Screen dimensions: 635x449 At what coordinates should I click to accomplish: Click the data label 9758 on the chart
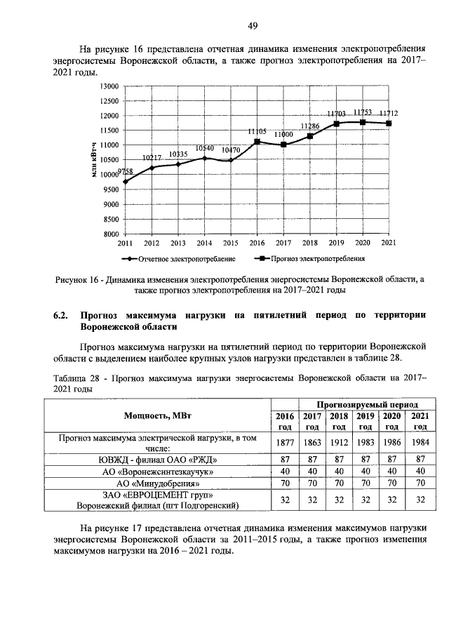126,172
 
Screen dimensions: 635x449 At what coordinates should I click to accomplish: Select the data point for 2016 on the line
257,142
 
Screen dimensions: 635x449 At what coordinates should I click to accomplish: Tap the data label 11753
363,112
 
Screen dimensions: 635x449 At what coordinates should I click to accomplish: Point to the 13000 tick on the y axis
109,86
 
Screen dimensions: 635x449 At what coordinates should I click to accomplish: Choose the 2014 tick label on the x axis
204,243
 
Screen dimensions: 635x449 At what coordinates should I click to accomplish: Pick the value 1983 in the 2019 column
365,443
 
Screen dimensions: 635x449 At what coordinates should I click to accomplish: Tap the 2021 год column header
419,421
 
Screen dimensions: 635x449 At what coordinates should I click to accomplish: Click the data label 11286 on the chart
310,126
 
